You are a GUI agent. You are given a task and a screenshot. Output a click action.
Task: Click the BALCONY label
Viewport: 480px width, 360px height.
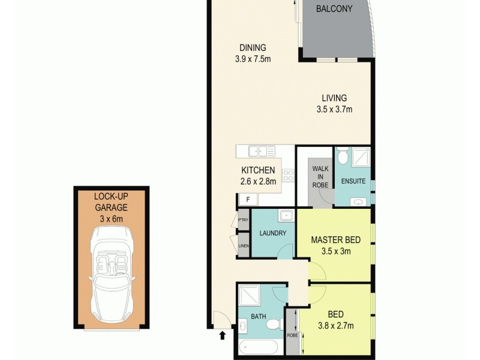point(334,8)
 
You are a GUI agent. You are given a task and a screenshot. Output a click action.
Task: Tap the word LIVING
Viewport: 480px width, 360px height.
point(334,98)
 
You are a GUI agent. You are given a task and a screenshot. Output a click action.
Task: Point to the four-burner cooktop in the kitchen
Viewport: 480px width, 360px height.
point(288,175)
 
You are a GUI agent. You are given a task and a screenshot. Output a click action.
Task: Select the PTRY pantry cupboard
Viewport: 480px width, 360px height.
point(244,220)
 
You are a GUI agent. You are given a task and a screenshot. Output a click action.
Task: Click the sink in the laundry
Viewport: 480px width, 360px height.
point(284,215)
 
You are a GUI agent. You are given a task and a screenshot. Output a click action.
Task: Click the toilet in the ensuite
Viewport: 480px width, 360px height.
point(342,157)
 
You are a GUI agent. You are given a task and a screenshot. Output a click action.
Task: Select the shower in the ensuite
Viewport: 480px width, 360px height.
point(359,157)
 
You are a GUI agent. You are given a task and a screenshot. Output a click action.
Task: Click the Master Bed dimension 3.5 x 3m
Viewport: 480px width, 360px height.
point(335,251)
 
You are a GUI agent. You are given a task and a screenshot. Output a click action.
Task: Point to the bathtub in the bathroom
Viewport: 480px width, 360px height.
point(257,348)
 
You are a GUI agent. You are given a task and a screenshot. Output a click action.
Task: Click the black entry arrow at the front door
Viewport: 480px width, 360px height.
point(223,336)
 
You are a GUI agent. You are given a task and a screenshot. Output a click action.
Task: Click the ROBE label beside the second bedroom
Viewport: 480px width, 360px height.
point(292,336)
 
